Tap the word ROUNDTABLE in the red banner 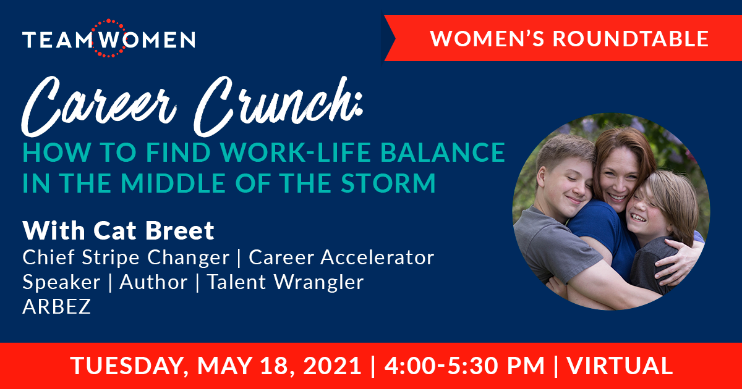coord(630,38)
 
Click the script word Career coord(99,105)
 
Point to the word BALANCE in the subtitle coord(442,153)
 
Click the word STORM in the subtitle coord(388,183)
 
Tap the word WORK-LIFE coord(296,153)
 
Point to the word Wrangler coord(318,282)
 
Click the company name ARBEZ coord(56,306)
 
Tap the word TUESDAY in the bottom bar coord(127,366)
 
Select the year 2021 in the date coord(332,366)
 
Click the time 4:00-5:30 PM coord(465,366)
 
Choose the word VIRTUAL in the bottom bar coord(620,366)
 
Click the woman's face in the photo coord(618,178)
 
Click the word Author coord(153,282)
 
